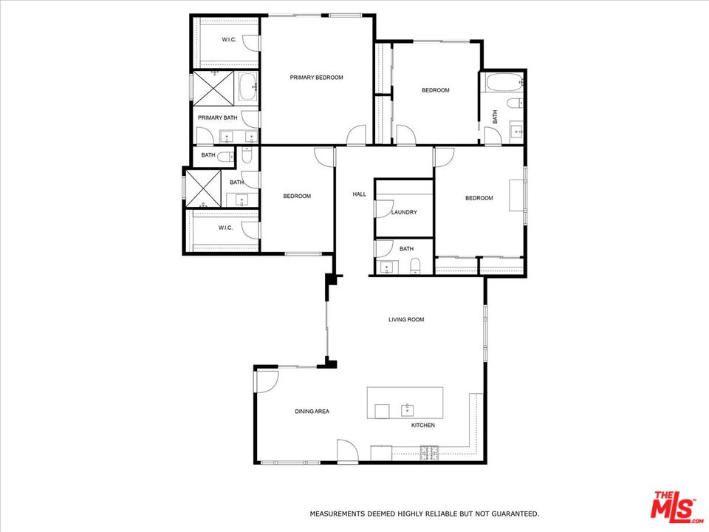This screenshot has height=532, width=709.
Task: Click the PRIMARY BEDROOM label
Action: click(317, 78)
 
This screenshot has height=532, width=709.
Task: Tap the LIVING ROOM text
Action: click(406, 319)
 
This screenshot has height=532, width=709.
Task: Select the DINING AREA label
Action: click(312, 412)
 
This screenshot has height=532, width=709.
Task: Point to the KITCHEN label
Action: click(423, 426)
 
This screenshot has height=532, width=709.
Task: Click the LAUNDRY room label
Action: click(404, 212)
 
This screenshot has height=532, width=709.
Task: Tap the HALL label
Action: click(360, 194)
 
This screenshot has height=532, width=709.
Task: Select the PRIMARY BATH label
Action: click(217, 117)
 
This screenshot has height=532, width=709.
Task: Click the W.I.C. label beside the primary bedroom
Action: click(229, 40)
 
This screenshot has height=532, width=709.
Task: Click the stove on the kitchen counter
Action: click(430, 453)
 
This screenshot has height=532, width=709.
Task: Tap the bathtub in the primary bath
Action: click(248, 86)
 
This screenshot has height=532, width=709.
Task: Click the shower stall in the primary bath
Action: click(214, 88)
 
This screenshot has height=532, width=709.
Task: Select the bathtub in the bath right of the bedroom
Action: click(504, 83)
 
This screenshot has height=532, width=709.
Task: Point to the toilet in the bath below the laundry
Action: click(415, 267)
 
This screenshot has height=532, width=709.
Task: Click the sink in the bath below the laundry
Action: click(386, 267)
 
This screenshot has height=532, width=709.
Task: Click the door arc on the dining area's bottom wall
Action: click(347, 451)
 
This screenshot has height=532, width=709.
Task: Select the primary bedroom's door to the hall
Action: click(356, 135)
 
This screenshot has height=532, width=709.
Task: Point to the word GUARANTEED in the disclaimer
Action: click(515, 514)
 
